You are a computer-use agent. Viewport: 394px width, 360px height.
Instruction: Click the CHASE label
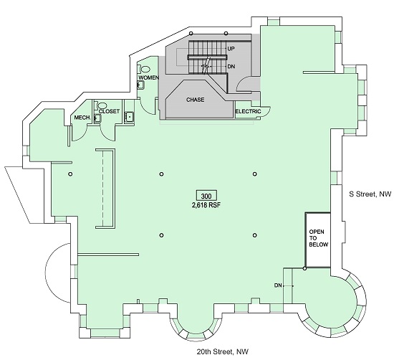(196, 100)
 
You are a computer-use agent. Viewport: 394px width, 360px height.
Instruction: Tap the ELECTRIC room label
(248, 111)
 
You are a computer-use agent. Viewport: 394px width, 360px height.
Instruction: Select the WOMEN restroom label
(149, 77)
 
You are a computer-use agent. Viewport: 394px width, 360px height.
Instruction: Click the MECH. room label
(82, 118)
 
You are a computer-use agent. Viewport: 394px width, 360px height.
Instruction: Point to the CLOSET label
(109, 111)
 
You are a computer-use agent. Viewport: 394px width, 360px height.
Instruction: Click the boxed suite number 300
(206, 196)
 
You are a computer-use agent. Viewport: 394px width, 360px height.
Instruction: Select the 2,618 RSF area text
(206, 205)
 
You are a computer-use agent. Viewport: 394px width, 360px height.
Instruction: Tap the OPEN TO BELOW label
(318, 238)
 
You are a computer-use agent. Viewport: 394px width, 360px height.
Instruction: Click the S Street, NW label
(370, 194)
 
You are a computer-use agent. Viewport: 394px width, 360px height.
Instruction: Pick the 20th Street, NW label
(222, 351)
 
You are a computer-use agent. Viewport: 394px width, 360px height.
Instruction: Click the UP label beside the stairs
(231, 49)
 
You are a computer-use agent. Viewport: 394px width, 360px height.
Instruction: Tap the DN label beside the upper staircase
(231, 67)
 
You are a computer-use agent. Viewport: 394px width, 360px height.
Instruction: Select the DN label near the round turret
(278, 285)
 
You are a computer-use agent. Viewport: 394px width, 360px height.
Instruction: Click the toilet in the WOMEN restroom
(145, 68)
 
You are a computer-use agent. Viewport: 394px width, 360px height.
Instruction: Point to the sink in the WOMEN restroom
(140, 85)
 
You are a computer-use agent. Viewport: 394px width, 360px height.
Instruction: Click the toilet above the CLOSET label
(101, 105)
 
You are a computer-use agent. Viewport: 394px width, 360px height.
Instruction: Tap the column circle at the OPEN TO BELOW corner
(304, 269)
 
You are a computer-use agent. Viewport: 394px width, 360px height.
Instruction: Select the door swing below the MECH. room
(80, 134)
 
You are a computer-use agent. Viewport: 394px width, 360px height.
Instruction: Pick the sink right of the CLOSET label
(130, 117)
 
